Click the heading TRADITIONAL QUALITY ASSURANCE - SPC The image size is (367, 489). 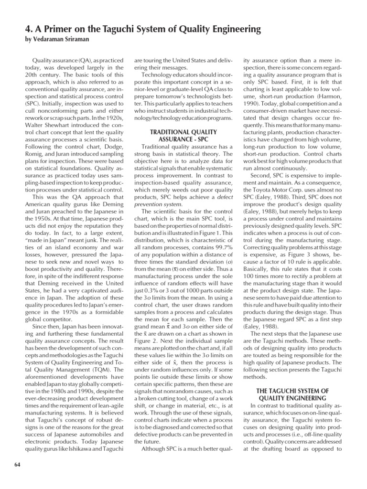click(183, 136)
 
